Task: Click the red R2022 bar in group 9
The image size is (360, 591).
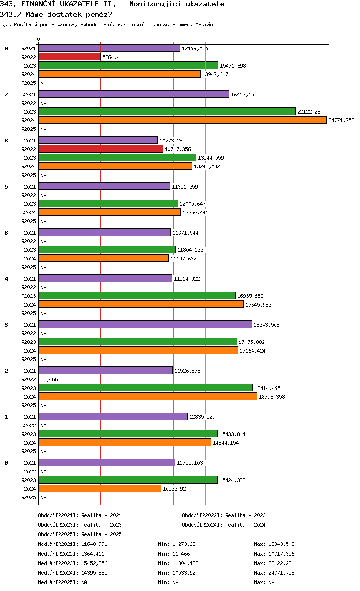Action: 70,57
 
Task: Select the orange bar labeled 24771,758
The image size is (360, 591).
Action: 182,120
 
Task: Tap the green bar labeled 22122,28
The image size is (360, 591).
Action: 167,111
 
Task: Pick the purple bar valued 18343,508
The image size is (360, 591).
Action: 145,324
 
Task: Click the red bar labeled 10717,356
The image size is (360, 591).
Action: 101,149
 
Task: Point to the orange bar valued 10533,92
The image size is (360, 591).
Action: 100,488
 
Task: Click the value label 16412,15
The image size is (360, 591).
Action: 242,95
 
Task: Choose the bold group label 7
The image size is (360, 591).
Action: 6,95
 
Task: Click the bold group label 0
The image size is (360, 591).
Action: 6,463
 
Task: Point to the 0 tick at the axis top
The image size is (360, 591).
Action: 39,39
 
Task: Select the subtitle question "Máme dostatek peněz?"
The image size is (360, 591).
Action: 68,14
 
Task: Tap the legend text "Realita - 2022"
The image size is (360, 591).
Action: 245,515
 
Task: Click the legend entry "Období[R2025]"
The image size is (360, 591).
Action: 58,534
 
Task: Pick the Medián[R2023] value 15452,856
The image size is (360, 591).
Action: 94,563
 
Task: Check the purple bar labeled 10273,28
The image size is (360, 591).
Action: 98,140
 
